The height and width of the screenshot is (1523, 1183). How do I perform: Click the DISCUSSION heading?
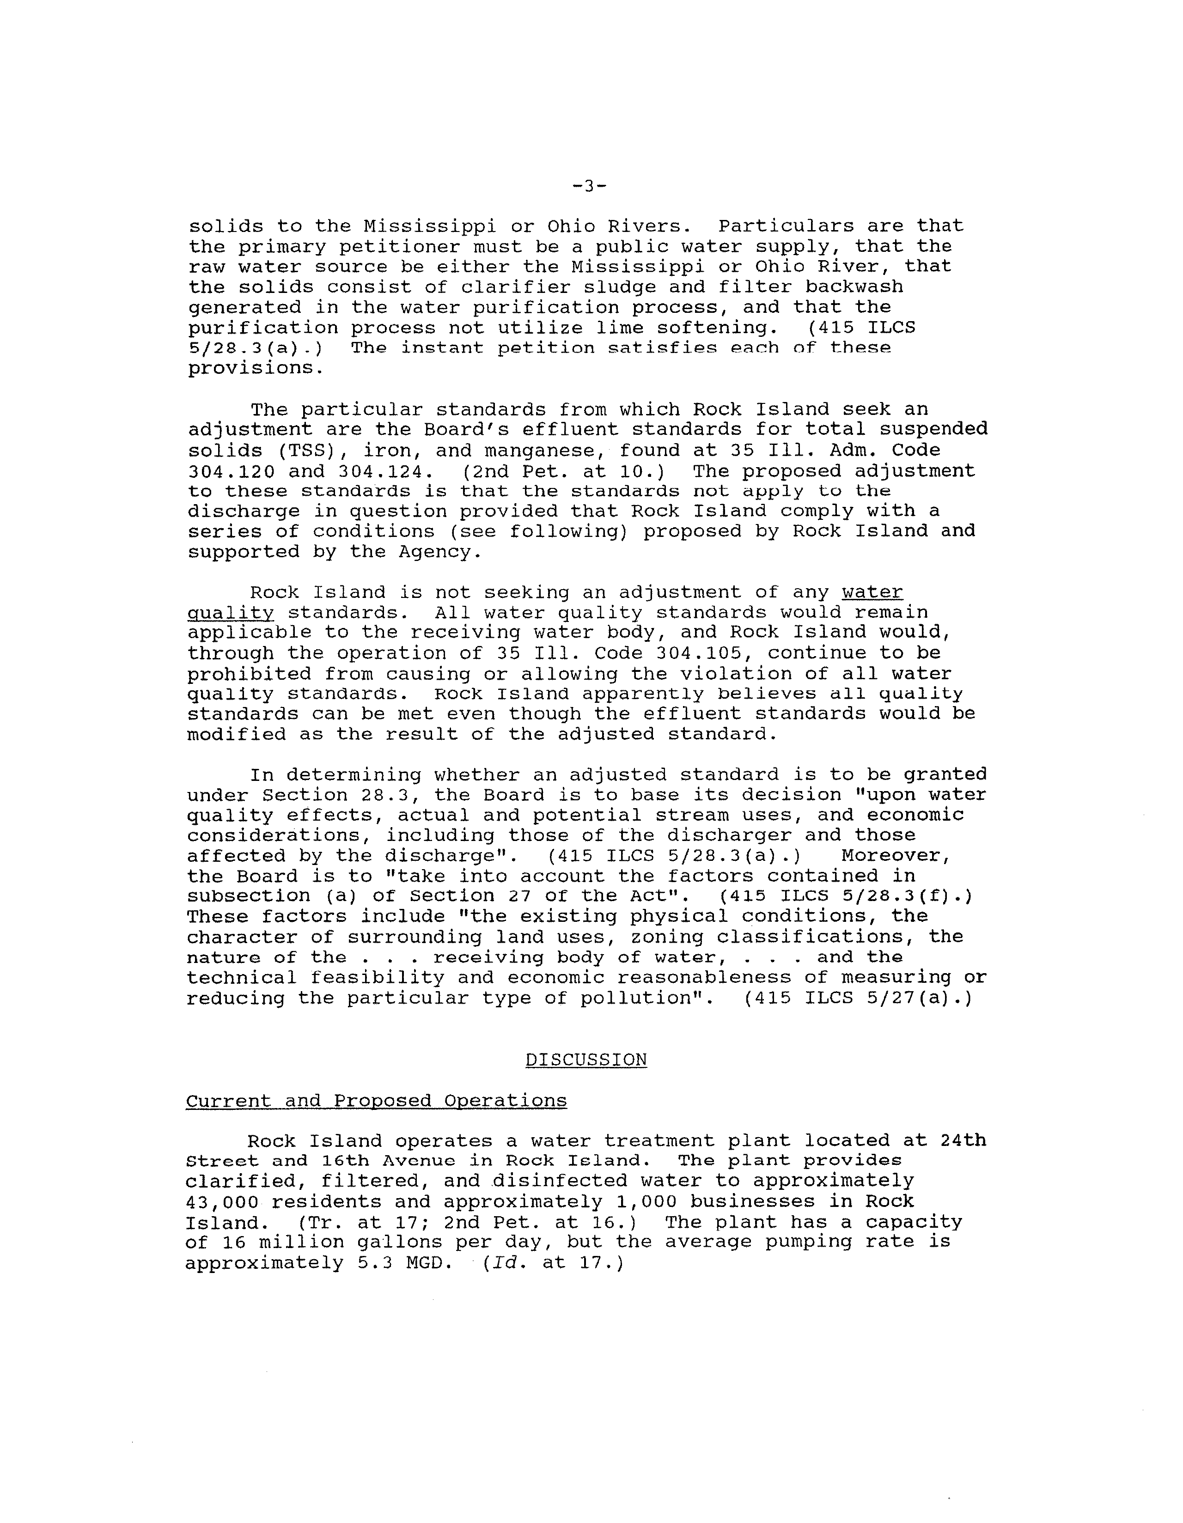point(586,1059)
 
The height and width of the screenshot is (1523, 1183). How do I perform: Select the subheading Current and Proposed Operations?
point(376,1100)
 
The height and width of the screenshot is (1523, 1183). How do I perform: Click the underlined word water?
point(872,592)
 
